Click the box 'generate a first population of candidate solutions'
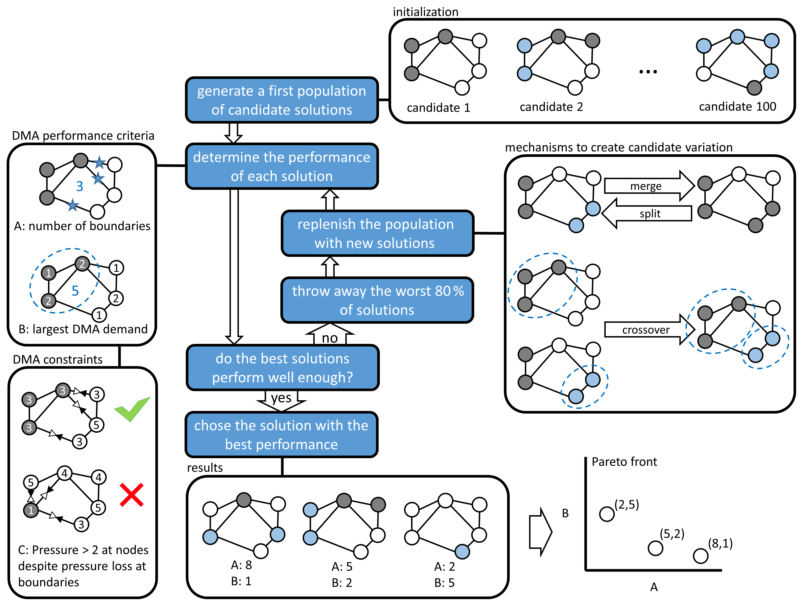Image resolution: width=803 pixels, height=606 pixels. coord(282,100)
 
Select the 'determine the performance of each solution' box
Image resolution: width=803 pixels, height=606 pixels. coord(282,167)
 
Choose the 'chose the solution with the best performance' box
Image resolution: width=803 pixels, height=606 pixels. coord(282,435)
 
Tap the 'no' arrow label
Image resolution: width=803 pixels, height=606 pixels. coord(330,338)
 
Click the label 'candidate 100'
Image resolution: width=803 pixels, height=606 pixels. coord(737,106)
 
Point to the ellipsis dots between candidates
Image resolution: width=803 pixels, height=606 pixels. coord(648,72)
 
